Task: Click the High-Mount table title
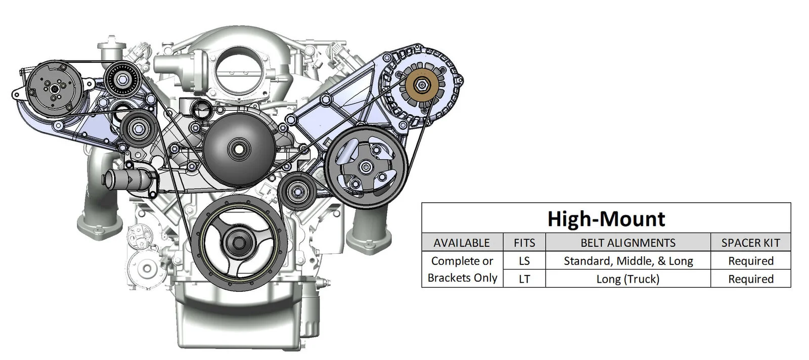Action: tap(606, 219)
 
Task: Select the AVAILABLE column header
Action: tap(462, 243)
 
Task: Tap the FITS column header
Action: tap(524, 243)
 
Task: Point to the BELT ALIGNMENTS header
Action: tap(628, 243)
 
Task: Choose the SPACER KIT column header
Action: tap(751, 243)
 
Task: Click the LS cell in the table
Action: tap(524, 261)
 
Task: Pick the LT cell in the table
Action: tap(524, 279)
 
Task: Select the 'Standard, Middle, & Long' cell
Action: tap(628, 261)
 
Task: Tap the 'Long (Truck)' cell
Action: tap(628, 279)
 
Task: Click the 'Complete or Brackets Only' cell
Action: tap(462, 269)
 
